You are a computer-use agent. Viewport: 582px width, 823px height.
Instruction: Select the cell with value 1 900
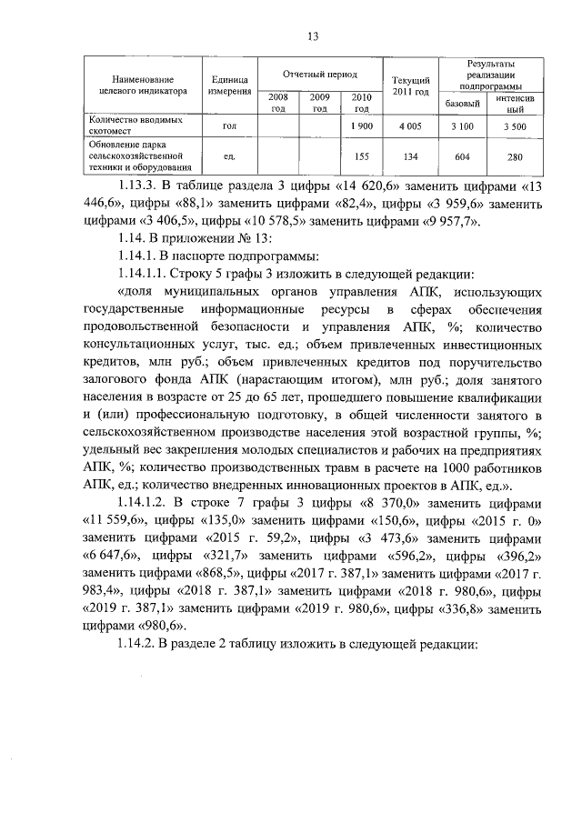361,125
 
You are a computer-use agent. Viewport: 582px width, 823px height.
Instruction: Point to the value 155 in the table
361,156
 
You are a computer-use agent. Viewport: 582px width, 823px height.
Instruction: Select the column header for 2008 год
277,102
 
